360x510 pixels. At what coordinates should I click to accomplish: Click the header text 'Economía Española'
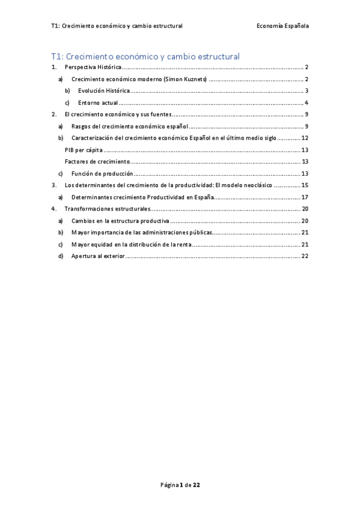coord(282,26)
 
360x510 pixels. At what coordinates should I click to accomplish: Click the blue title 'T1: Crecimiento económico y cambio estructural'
coord(145,57)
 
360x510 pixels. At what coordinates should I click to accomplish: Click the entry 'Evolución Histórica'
coord(103,91)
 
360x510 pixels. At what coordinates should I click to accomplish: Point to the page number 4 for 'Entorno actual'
coord(307,103)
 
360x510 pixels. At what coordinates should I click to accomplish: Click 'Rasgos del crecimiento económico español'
coord(130,126)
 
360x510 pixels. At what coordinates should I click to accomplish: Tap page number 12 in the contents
coord(305,138)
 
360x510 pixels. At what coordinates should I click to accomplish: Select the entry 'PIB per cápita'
coord(84,150)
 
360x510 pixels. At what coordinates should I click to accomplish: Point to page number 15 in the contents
coord(305,185)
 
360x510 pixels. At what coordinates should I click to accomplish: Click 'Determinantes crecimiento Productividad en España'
coord(142,197)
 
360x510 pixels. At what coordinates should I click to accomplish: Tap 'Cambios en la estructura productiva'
coord(120,221)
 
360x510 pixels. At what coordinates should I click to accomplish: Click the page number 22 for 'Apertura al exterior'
coord(305,256)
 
